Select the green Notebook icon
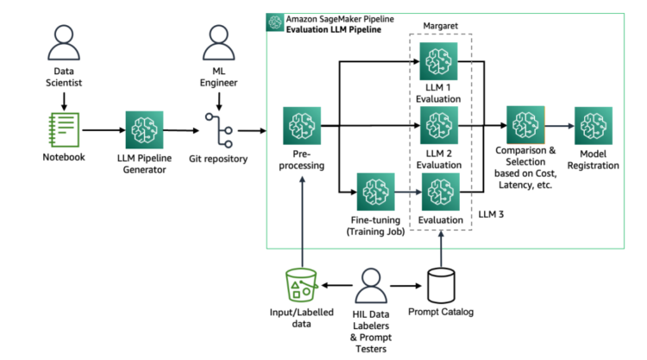coord(64,130)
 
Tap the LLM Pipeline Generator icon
coord(145,130)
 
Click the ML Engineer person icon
coord(220,42)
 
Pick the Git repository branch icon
coord(220,130)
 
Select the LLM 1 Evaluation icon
coord(439,62)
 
